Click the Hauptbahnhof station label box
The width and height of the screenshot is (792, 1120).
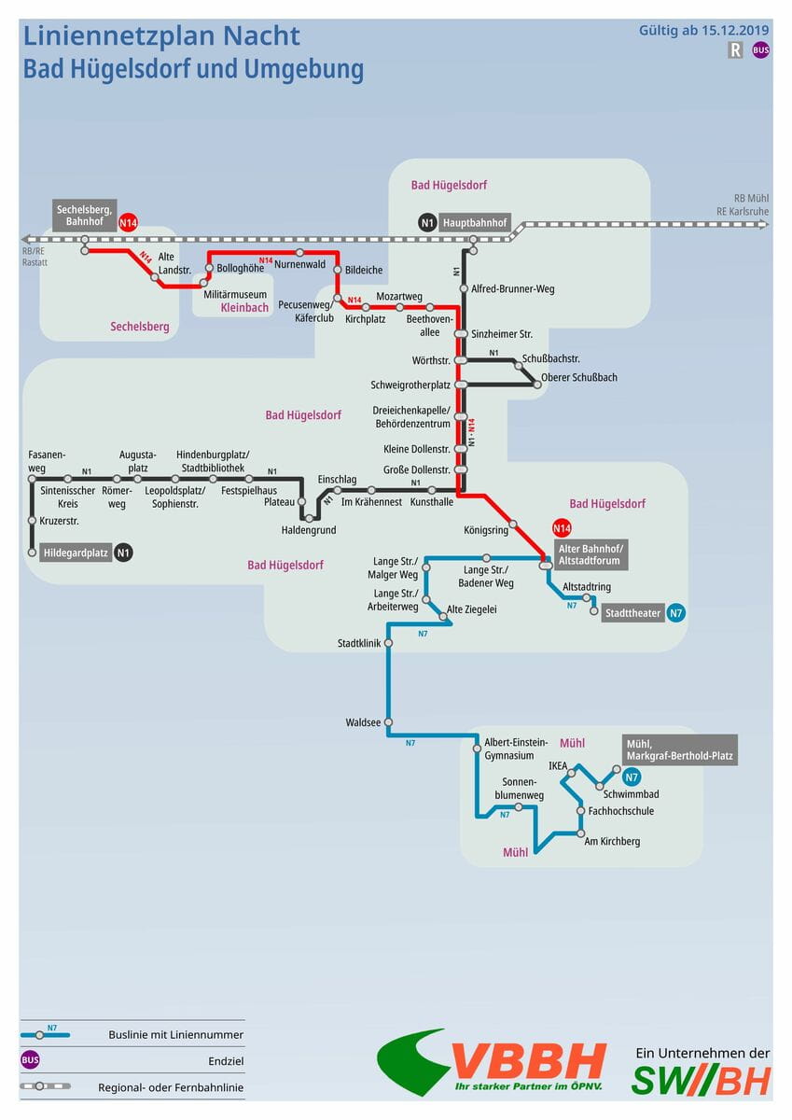pos(476,223)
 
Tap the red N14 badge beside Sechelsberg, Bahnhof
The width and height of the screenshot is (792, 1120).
pos(128,222)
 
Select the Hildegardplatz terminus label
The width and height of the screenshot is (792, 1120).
pos(76,553)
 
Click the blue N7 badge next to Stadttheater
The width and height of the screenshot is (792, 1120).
pos(676,613)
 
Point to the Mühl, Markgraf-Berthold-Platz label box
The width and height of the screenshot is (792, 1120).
pos(679,749)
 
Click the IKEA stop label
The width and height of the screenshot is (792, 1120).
pos(558,766)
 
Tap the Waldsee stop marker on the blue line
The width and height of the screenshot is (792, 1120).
pos(388,722)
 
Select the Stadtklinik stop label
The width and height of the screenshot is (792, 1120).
pos(359,643)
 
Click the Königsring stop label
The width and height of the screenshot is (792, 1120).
pos(486,530)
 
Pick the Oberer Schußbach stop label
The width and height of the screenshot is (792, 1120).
pos(579,378)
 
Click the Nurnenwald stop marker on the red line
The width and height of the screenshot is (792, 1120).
pos(300,253)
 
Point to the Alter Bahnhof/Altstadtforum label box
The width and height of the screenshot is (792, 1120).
pos(592,553)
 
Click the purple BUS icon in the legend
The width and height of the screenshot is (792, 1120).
pos(30,1060)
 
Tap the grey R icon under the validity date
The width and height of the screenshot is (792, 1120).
pos(735,50)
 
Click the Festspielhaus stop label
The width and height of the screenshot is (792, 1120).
pos(249,491)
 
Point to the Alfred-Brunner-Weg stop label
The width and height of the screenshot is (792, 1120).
pos(513,288)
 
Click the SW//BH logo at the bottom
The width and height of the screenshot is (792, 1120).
pos(701,1080)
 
